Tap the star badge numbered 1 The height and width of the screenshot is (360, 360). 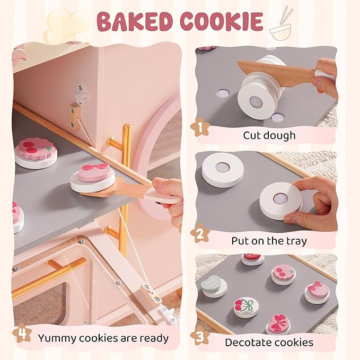[x=200, y=127]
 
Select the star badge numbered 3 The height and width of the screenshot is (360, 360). [x=200, y=337]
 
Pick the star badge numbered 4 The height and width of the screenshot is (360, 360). [x=22, y=333]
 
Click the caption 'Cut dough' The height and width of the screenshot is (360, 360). [x=269, y=135]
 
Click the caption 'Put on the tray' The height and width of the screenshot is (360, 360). [x=269, y=241]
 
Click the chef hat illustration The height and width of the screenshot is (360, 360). [x=67, y=25]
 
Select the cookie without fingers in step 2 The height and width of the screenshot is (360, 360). [x=223, y=170]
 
